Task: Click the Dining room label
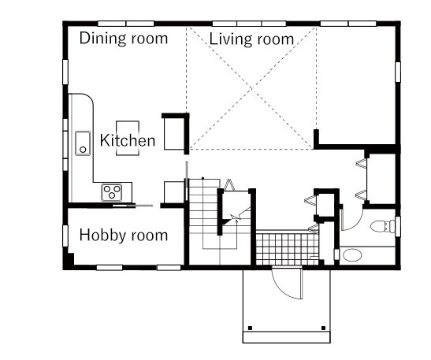point(124,38)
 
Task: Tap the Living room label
point(251,39)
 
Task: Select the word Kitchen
point(128,140)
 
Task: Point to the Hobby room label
point(124,235)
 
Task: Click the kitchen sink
point(83,143)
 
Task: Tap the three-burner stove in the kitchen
point(112,192)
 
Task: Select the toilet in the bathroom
point(383,226)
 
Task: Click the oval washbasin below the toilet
point(352,255)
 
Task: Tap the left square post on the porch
point(250,328)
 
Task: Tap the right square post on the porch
point(323,328)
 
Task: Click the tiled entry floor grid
point(288,249)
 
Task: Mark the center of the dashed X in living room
point(251,88)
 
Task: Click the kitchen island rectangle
point(128,138)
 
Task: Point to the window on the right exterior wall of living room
point(397,72)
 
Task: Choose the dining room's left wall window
point(65,72)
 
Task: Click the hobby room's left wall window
point(65,236)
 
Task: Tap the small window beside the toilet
point(397,225)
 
